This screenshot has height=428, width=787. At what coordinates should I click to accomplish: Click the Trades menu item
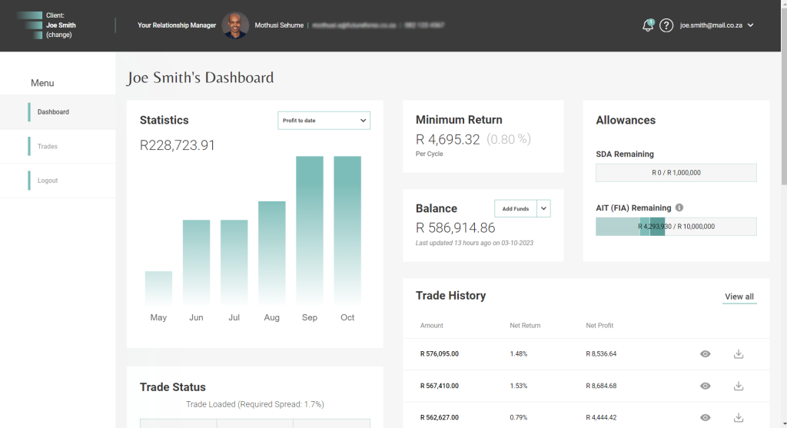[48, 146]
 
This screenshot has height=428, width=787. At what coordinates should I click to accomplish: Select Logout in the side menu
[48, 181]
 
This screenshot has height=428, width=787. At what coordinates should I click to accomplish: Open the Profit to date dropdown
[324, 121]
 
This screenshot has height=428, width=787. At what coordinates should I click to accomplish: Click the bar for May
[158, 287]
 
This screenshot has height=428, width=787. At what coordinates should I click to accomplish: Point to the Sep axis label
[310, 317]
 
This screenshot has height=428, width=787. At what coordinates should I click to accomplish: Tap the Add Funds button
[515, 208]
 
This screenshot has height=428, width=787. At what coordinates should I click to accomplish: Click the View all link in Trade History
[739, 297]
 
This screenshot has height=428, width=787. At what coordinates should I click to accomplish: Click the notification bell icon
[648, 25]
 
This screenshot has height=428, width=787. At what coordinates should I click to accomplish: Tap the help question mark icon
[666, 25]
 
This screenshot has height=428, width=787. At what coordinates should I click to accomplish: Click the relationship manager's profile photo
[235, 25]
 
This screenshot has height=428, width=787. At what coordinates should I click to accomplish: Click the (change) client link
[58, 35]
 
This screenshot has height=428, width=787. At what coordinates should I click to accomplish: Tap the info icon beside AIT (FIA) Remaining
[679, 207]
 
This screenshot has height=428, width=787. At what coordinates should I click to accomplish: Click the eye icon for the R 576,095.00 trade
[705, 354]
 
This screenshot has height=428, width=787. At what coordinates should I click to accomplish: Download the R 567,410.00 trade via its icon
[739, 386]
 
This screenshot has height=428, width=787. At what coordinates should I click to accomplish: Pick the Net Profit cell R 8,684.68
[601, 386]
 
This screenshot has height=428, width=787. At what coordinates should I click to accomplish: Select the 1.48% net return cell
[519, 354]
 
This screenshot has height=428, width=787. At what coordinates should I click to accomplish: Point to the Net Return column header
[525, 326]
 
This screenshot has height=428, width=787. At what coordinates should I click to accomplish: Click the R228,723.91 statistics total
[178, 145]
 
